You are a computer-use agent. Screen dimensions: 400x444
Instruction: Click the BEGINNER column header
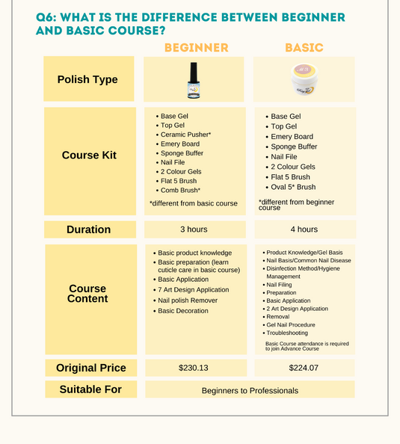196,48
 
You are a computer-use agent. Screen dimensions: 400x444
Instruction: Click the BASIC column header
304,48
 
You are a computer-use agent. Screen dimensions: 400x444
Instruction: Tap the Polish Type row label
88,79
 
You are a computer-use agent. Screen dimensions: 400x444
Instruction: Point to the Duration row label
88,229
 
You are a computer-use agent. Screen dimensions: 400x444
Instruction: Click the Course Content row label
87,294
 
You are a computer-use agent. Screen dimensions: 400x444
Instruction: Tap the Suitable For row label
90,389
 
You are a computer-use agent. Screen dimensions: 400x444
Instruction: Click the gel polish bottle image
194,79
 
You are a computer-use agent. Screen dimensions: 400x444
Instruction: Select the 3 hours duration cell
194,229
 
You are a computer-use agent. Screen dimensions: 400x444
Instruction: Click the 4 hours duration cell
304,229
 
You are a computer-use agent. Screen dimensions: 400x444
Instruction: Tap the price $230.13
194,368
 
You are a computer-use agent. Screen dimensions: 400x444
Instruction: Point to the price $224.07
304,368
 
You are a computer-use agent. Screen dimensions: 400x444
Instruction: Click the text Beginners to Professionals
250,390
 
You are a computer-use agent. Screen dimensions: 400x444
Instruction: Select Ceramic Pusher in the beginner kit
186,135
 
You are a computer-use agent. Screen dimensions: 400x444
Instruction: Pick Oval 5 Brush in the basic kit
293,187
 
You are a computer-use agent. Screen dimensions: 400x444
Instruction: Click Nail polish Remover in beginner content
188,300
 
